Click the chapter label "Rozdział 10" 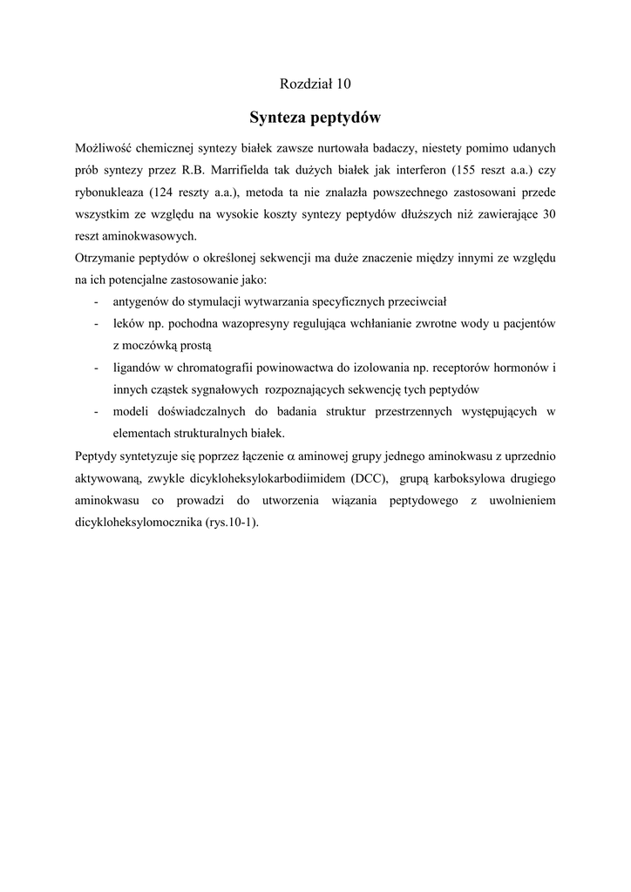pos(315,84)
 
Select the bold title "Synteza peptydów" pos(315,117)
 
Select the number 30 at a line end pos(548,214)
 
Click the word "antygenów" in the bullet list pos(141,302)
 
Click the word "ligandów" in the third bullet pos(137,368)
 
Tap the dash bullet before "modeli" pos(94,411)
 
